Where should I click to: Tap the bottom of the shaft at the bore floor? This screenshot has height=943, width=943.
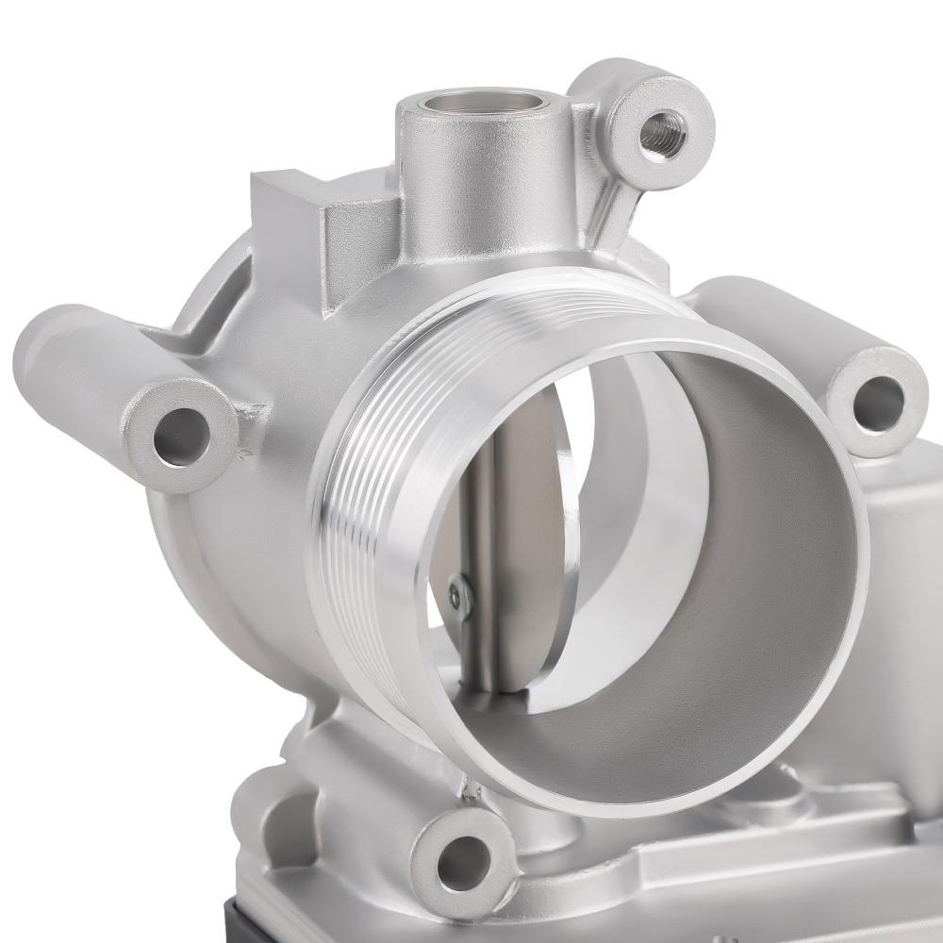(488, 681)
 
